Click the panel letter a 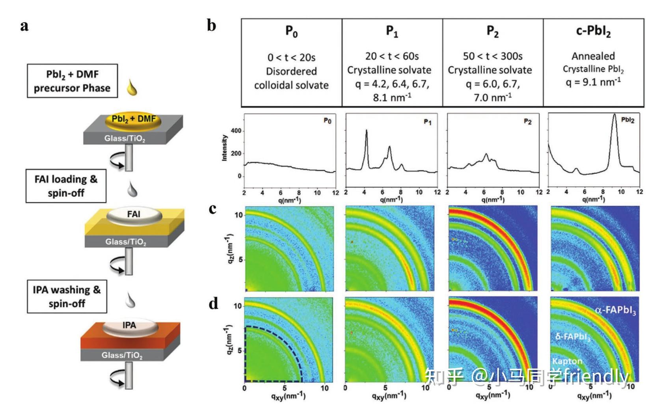pyautogui.click(x=24, y=26)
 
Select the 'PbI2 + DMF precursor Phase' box pyautogui.click(x=72, y=81)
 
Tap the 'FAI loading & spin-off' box pyautogui.click(x=66, y=186)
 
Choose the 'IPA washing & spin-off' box pyautogui.click(x=67, y=296)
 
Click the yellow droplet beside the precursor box pyautogui.click(x=132, y=88)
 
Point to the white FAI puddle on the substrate pyautogui.click(x=134, y=215)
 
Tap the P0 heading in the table pyautogui.click(x=291, y=31)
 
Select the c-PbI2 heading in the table pyautogui.click(x=593, y=31)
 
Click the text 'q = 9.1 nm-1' pyautogui.click(x=593, y=82)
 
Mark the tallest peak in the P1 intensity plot pyautogui.click(x=367, y=131)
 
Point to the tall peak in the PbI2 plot pyautogui.click(x=614, y=115)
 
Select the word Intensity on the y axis pyautogui.click(x=225, y=148)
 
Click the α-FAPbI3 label pyautogui.click(x=615, y=311)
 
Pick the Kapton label pyautogui.click(x=567, y=361)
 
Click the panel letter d pyautogui.click(x=213, y=304)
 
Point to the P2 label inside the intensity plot pyautogui.click(x=527, y=121)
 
